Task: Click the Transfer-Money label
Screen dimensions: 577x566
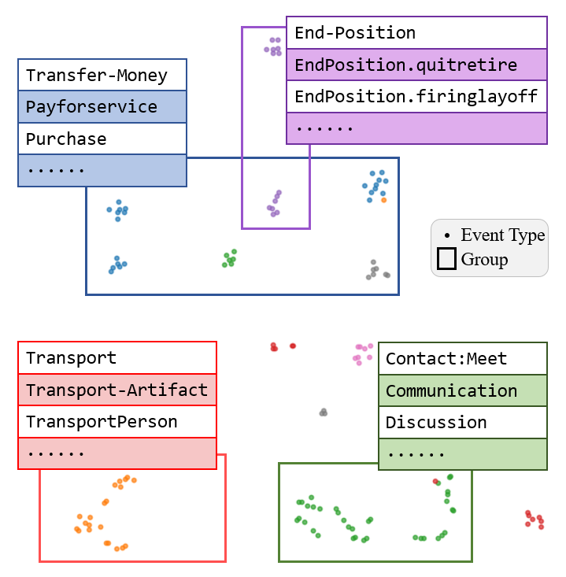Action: click(97, 76)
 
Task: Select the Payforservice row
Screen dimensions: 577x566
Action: click(91, 107)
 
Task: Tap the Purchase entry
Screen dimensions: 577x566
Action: click(66, 139)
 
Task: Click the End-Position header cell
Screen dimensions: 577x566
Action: click(355, 33)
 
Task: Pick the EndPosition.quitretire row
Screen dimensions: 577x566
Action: click(405, 65)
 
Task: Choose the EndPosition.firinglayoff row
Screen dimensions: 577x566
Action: click(416, 97)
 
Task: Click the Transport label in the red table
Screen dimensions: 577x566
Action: click(71, 358)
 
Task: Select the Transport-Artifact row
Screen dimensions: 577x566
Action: click(117, 390)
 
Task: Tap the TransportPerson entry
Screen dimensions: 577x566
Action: click(102, 422)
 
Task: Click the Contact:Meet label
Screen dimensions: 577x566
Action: click(446, 359)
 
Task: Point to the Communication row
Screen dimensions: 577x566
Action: click(451, 390)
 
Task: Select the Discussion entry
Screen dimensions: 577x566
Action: click(436, 423)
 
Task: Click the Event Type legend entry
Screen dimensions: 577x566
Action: click(502, 235)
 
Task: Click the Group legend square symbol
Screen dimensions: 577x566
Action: click(446, 259)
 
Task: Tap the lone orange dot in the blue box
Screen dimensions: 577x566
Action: click(383, 200)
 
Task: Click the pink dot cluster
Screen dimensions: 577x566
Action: click(363, 352)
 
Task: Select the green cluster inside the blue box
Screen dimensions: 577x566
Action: click(229, 258)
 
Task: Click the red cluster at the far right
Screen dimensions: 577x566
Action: click(535, 519)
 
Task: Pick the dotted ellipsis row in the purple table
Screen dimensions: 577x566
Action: click(416, 128)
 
